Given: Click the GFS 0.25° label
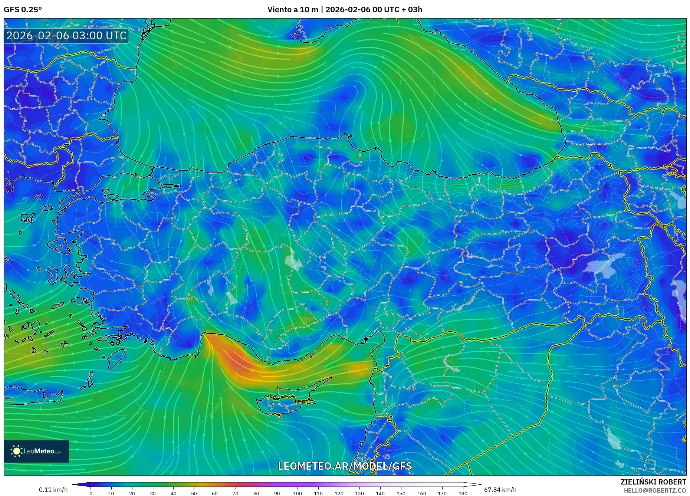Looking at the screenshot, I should pos(23,10).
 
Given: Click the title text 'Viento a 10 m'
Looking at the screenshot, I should pos(293,10).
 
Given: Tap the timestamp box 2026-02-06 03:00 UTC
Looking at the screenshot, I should pos(66,36).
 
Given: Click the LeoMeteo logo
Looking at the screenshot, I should pos(36,451).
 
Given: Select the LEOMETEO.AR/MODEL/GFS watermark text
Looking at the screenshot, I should pos(345,466).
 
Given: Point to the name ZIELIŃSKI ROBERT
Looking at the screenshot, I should pos(653,482).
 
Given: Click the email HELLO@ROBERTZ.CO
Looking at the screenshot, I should pos(655,490).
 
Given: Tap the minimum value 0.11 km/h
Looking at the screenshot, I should pos(53,490).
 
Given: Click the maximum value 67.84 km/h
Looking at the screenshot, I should pos(500,490).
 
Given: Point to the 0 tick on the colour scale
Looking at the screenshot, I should pos(91,493).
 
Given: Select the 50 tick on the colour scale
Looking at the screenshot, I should pos(194,493).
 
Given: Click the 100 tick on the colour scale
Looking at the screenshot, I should pos(298,493).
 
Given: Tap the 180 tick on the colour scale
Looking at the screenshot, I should pos(463,493).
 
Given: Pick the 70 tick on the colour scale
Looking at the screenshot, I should pos(235,493).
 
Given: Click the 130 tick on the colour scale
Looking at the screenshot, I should pos(359,493).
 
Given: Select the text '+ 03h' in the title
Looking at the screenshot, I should pos(412,10).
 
